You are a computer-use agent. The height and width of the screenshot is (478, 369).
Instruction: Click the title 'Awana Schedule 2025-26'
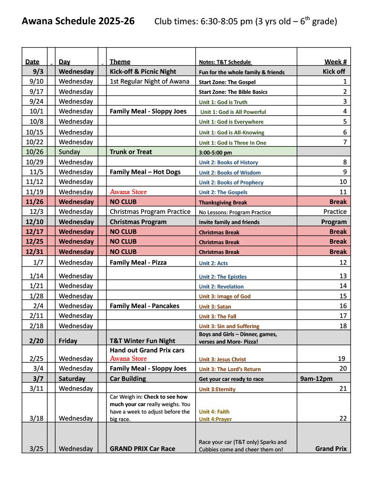pyautogui.click(x=78, y=21)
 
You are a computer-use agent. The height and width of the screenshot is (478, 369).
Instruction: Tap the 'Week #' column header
pyautogui.click(x=335, y=62)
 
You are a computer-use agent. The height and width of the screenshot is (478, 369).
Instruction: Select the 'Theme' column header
pyautogui.click(x=120, y=62)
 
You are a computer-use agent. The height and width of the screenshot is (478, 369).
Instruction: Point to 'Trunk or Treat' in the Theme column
pyautogui.click(x=131, y=152)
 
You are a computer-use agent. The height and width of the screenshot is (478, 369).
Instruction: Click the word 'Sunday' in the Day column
pyautogui.click(x=70, y=152)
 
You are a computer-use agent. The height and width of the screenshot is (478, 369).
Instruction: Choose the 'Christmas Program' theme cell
pyautogui.click(x=138, y=222)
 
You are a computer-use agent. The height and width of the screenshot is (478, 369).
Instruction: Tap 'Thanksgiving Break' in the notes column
pyautogui.click(x=223, y=203)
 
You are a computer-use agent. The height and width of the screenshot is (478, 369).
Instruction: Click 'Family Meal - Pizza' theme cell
pyautogui.click(x=138, y=262)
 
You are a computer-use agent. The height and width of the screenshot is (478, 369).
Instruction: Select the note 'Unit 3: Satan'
pyautogui.click(x=215, y=307)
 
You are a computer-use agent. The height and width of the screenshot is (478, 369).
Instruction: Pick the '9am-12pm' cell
pyautogui.click(x=316, y=379)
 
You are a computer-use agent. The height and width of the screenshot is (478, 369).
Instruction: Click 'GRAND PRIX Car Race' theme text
pyautogui.click(x=142, y=449)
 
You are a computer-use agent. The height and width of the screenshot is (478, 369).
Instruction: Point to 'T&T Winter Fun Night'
pyautogui.click(x=142, y=341)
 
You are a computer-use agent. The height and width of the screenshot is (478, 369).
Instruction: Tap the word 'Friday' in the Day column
pyautogui.click(x=68, y=341)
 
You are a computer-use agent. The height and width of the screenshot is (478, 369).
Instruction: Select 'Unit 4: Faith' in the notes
pyautogui.click(x=214, y=412)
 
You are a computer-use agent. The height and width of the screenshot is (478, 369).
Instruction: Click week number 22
pyautogui.click(x=343, y=418)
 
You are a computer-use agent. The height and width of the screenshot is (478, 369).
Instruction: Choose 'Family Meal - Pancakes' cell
pyautogui.click(x=144, y=306)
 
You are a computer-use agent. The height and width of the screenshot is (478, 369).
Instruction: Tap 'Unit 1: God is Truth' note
pyautogui.click(x=223, y=102)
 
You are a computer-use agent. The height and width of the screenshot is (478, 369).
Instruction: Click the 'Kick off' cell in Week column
pyautogui.click(x=334, y=71)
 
